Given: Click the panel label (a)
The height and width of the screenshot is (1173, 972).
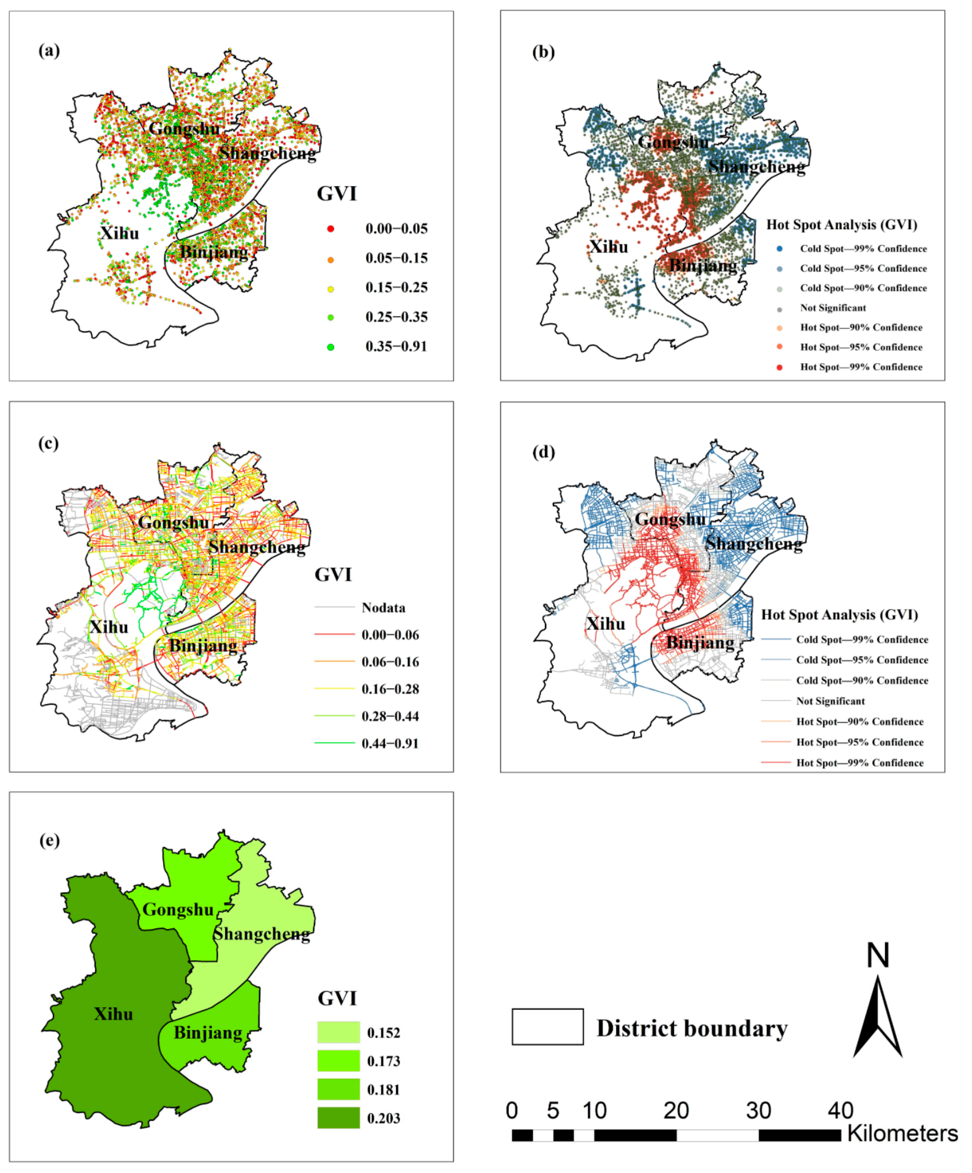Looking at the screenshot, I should [x=49, y=51].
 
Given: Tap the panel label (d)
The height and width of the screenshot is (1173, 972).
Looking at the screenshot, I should [x=544, y=452].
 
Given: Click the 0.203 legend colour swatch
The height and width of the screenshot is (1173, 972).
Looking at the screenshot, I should [x=338, y=1118].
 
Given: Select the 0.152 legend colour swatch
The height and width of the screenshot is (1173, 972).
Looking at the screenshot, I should [x=338, y=1032].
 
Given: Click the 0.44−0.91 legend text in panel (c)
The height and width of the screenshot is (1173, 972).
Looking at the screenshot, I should [x=390, y=744].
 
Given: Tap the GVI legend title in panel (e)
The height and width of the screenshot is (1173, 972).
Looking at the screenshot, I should [x=337, y=998].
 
